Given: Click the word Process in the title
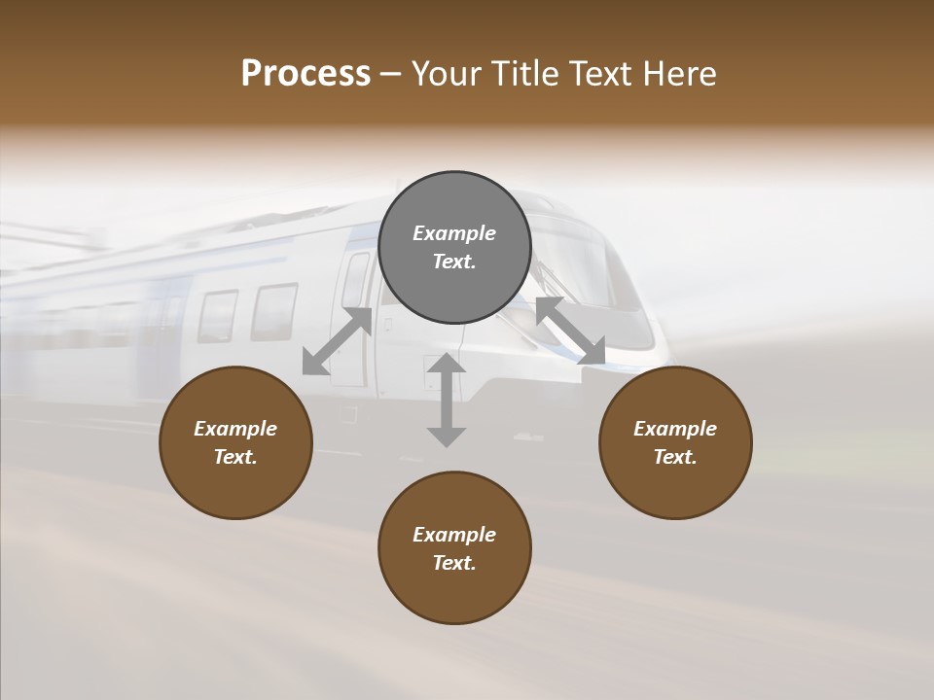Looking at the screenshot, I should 305,74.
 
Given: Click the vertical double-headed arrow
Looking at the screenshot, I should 447,400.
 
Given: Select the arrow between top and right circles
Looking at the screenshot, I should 570,332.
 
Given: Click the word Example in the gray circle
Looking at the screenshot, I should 454,233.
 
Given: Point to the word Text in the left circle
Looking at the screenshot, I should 235,457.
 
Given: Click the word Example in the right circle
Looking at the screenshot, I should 675,429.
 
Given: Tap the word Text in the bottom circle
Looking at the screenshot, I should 454,563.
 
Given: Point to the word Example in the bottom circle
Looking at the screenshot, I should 454,535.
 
